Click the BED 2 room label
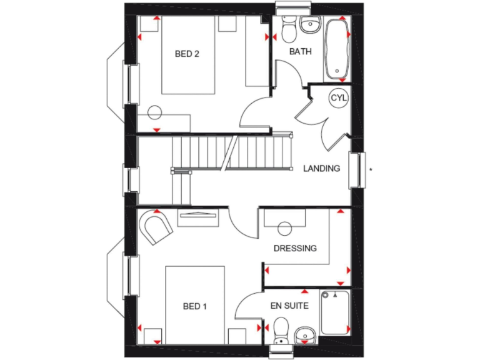pyautogui.click(x=187, y=54)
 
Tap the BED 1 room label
pyautogui.click(x=194, y=306)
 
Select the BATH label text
pyautogui.click(x=300, y=51)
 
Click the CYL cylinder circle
pyautogui.click(x=338, y=98)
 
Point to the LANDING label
pyautogui.click(x=321, y=168)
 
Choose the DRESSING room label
pyautogui.click(x=295, y=248)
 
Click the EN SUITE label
pyautogui.click(x=288, y=306)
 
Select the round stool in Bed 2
pyautogui.click(x=154, y=114)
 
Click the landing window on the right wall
pyautogui.click(x=356, y=170)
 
